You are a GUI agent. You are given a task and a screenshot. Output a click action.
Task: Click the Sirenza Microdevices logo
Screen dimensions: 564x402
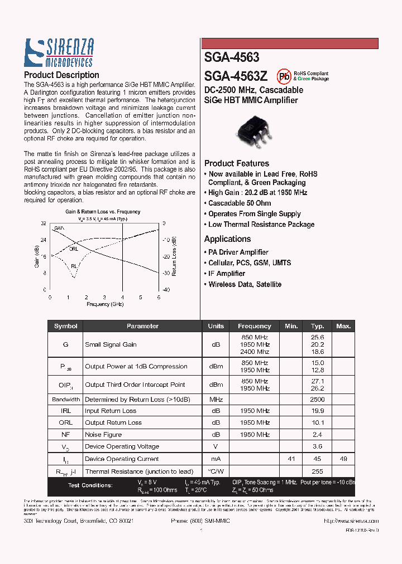point(58,54)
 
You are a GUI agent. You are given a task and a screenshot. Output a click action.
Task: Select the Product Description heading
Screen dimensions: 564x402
point(61,75)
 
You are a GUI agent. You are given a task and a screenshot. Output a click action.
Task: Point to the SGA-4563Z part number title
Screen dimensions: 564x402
point(236,76)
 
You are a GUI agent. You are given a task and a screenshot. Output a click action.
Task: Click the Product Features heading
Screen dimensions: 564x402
point(237,163)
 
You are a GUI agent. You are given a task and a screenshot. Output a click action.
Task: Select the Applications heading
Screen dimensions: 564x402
point(227,239)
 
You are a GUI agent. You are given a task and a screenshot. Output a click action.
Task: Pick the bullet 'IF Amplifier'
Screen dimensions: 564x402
point(226,274)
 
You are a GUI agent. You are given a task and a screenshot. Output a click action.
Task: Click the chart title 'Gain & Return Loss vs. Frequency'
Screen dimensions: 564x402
point(103,212)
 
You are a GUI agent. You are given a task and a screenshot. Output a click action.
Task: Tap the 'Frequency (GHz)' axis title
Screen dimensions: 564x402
point(105,304)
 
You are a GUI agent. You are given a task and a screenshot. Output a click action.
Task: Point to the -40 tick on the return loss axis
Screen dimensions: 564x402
point(166,290)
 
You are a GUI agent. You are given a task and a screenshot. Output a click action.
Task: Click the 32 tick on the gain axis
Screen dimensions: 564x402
point(43,223)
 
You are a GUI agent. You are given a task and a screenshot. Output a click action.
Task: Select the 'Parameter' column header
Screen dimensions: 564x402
point(142,326)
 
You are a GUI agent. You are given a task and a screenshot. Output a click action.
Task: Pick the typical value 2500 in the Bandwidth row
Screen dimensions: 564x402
point(317,400)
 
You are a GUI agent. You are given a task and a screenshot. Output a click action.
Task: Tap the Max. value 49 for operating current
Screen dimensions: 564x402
point(343,459)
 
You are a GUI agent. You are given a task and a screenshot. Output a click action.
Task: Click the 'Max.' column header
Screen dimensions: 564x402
point(343,326)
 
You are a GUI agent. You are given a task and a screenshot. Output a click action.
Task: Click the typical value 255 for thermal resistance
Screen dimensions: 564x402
point(317,471)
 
